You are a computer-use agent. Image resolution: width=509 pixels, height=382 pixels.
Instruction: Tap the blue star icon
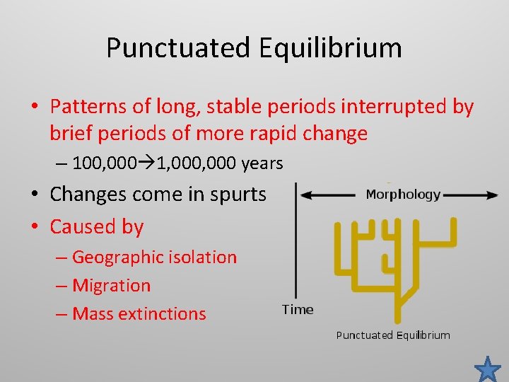[487, 369]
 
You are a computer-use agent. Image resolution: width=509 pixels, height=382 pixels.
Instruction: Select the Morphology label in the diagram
[403, 195]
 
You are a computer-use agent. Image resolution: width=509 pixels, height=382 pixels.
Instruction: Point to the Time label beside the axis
[298, 309]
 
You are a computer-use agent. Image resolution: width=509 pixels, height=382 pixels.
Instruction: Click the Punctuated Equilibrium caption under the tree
[392, 335]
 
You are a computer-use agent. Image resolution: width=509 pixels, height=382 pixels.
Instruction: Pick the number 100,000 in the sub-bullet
[99, 164]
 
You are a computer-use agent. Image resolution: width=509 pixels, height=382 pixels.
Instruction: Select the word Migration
[111, 286]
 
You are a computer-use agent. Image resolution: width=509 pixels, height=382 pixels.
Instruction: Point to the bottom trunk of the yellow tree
[399, 310]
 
